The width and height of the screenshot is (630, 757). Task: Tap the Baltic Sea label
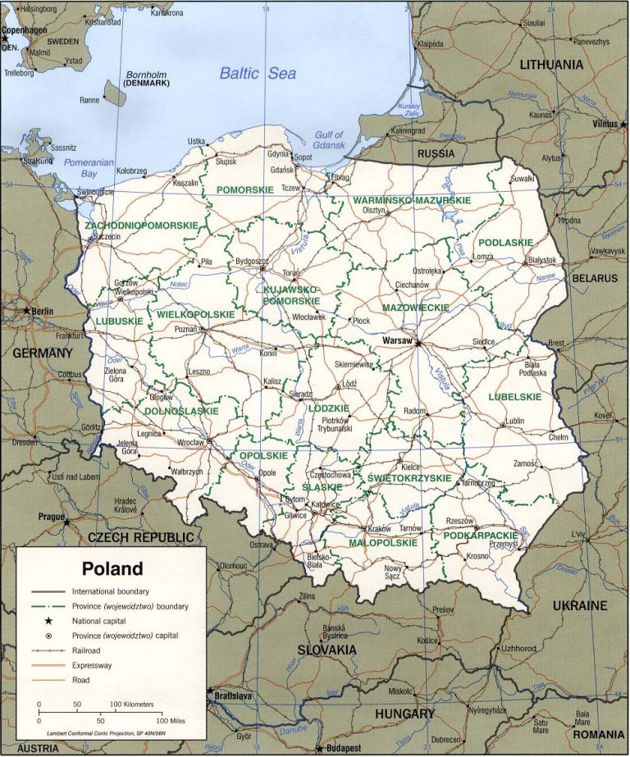(257, 73)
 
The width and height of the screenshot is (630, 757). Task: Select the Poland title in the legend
(112, 568)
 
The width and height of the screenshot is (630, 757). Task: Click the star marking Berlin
(27, 312)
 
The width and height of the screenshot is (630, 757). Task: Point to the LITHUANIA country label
(550, 64)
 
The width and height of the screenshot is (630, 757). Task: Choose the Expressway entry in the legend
(93, 664)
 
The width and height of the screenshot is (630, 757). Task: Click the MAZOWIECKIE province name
(415, 308)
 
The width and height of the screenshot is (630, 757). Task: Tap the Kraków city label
(379, 528)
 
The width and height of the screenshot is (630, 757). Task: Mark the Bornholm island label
(146, 75)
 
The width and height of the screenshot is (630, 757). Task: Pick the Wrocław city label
(189, 443)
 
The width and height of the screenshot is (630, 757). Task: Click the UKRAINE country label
(579, 606)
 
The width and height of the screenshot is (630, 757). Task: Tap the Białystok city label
(541, 260)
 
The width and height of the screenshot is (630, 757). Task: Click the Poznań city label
(185, 328)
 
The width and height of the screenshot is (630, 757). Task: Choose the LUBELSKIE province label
(514, 396)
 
